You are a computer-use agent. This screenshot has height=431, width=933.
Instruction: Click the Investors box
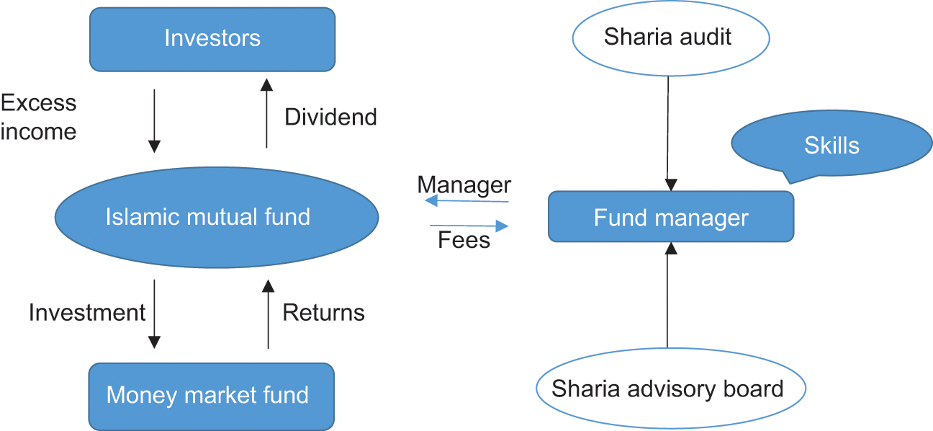pos(212,39)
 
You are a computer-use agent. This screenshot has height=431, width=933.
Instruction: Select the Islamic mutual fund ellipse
pos(217,216)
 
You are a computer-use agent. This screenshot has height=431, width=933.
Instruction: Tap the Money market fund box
pos(212,395)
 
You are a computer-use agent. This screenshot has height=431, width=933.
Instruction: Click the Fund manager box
pos(671,217)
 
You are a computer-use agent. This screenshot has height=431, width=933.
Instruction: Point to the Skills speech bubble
pos(831,146)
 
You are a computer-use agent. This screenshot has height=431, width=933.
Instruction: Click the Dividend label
pos(330,117)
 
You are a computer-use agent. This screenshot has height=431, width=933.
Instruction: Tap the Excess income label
pos(38,117)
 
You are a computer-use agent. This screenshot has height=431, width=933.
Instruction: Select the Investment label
pos(87,313)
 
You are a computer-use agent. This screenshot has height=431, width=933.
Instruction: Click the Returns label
pos(323,313)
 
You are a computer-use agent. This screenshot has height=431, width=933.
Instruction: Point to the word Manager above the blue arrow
pos(464,185)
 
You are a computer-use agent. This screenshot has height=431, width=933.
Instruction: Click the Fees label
pos(464,240)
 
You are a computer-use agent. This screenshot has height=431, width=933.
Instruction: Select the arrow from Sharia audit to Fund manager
pos(670,130)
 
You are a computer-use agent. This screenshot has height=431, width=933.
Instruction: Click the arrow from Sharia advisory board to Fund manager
pos(668,296)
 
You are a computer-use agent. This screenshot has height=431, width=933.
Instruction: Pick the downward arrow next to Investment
pos(154,314)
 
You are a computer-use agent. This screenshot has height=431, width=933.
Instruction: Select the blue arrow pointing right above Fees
pos(469,226)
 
